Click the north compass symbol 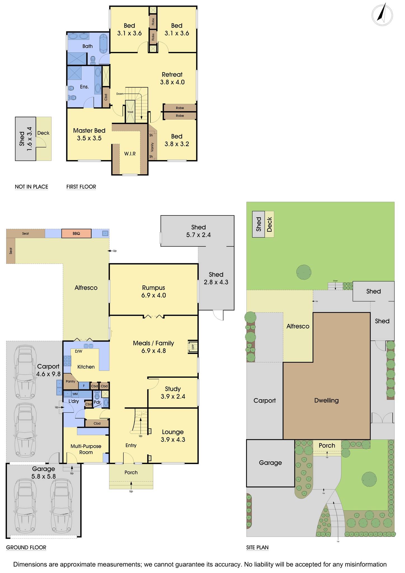coord(382,15)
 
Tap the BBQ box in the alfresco coord(76,233)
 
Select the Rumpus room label coord(154,288)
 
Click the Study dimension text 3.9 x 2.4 coord(173,396)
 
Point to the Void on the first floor coord(130,112)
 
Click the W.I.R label coord(130,154)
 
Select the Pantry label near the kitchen coord(70,381)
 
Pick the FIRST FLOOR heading coord(81,187)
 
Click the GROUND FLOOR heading coord(26,548)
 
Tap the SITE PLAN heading coord(257,548)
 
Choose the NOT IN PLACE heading coord(31,187)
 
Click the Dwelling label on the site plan coord(326,400)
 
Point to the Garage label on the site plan coord(270,463)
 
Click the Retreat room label coord(172,74)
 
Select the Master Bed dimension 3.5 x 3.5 coord(89,138)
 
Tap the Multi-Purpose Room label coord(86,449)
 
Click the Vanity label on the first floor coord(152,147)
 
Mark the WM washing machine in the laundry coord(75,394)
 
